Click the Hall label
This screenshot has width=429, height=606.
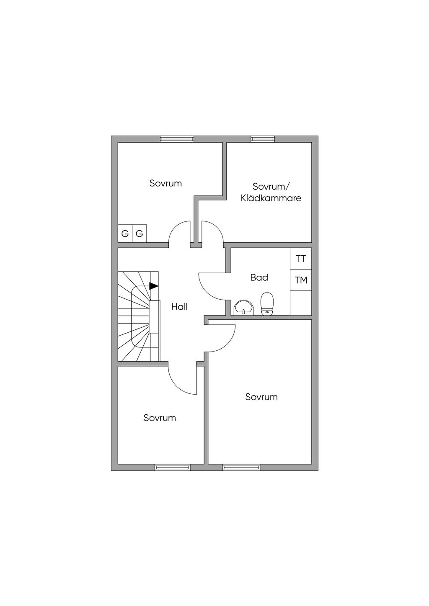coord(179,307)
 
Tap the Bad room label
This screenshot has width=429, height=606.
coord(259,277)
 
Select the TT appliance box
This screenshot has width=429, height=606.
coord(301,259)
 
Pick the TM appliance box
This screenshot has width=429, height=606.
coord(301,280)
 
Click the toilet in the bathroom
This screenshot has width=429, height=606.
coord(267,304)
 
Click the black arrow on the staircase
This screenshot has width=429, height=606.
coord(154,286)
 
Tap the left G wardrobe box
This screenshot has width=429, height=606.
coord(125,234)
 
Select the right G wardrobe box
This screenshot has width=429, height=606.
coord(139,234)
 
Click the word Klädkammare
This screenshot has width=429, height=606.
coord(271,198)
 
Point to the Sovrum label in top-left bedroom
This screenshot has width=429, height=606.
coord(165,183)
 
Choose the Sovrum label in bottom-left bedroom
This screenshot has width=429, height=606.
coord(160,418)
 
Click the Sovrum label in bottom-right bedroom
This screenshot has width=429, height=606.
coord(261,397)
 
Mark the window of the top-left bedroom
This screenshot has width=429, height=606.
coord(177,139)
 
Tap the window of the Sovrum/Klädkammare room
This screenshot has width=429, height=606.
coord(263,139)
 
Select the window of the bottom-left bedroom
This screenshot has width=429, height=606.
coord(173,467)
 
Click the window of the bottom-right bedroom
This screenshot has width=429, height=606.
coord(241,467)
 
